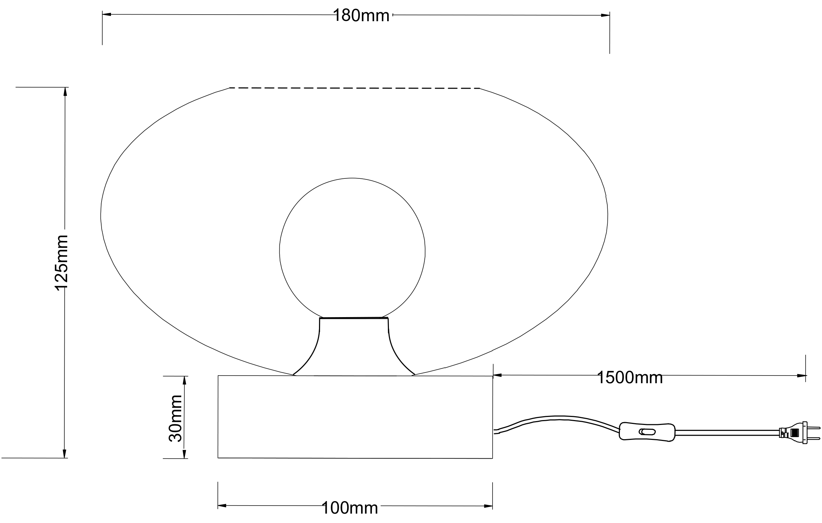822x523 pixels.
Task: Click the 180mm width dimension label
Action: (361, 16)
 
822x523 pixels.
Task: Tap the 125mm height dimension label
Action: (62, 263)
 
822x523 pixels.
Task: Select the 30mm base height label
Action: (175, 418)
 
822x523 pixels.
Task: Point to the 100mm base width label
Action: (350, 508)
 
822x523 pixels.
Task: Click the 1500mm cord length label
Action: (630, 378)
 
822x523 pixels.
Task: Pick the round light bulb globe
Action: (352, 248)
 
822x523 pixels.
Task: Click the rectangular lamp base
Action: (355, 417)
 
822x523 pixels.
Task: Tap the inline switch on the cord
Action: (647, 432)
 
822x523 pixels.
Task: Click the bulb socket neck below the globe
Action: (354, 346)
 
